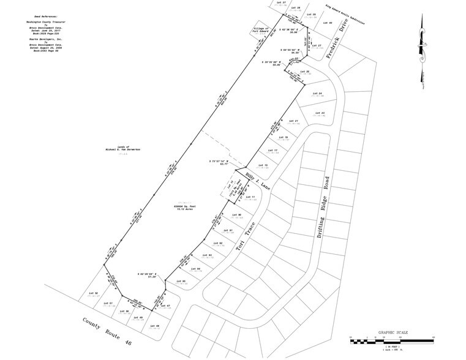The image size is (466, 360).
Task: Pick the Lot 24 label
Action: pos(317,93)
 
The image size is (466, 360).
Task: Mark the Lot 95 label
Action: pos(180,281)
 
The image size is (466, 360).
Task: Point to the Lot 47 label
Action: pos(172,306)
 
